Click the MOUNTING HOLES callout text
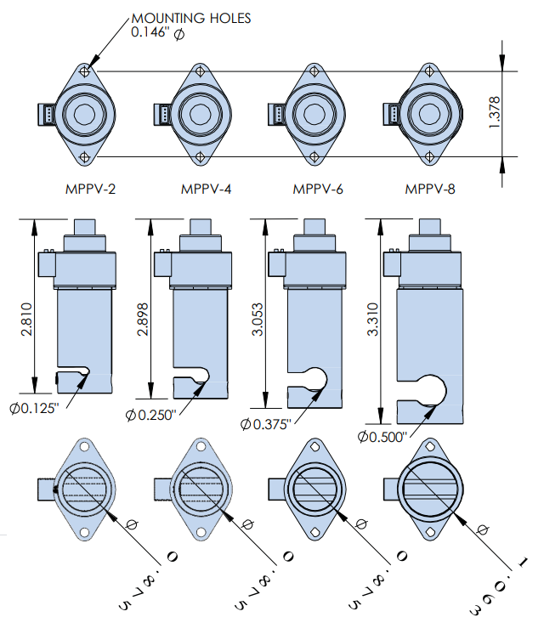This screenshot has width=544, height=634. (x=191, y=17)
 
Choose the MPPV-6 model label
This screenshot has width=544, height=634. (x=318, y=189)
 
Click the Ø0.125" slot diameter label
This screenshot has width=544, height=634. (x=35, y=408)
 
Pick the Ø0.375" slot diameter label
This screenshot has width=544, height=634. (x=265, y=423)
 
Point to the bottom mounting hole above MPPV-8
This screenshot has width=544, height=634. (x=430, y=156)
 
